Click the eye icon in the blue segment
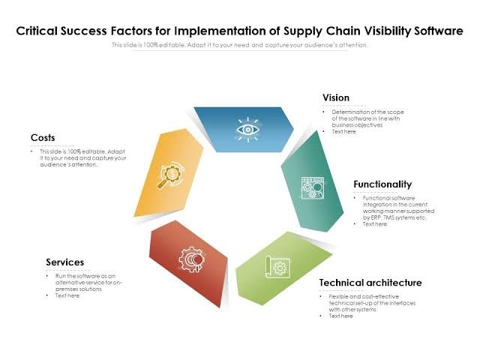click(247, 129)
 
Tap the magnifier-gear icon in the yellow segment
click(171, 177)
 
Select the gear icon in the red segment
click(189, 259)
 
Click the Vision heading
click(336, 98)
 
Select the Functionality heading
click(382, 184)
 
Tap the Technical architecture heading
click(370, 283)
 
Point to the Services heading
click(64, 262)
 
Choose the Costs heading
click(43, 138)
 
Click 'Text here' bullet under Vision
click(344, 131)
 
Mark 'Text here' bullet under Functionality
click(375, 224)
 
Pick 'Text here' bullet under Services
click(67, 295)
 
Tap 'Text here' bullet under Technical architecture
click(340, 316)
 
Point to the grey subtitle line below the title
click(240, 45)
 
